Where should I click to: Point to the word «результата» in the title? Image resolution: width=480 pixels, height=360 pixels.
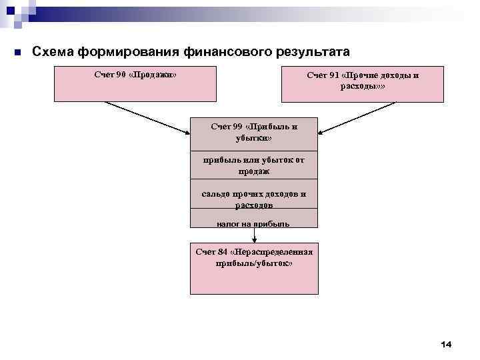[307, 51]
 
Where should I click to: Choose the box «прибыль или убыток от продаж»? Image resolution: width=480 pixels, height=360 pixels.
[253, 165]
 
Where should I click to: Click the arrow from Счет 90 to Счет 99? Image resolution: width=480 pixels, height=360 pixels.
[147, 117]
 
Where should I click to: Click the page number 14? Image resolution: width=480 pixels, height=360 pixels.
[446, 344]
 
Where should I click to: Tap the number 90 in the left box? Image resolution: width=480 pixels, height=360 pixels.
[121, 74]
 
